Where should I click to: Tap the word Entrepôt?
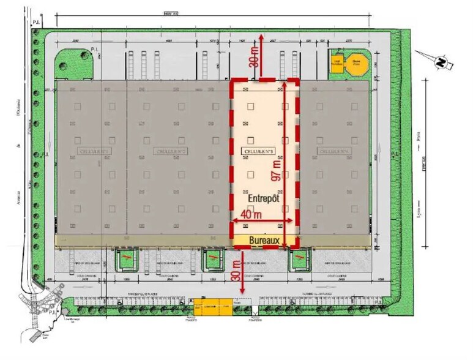pyautogui.click(x=264, y=199)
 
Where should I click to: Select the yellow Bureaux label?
pyautogui.click(x=264, y=241)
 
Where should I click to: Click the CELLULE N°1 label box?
pyautogui.click(x=94, y=150)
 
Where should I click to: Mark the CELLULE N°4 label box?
pyautogui.click(x=333, y=150)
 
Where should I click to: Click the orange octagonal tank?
pyautogui.click(x=356, y=63)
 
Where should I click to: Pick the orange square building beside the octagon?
pyautogui.click(x=337, y=63)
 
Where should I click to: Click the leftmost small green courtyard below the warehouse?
pyautogui.click(x=125, y=260)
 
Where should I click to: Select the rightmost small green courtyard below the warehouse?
pyautogui.click(x=299, y=260)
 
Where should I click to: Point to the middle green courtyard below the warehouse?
pyautogui.click(x=212, y=260)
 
